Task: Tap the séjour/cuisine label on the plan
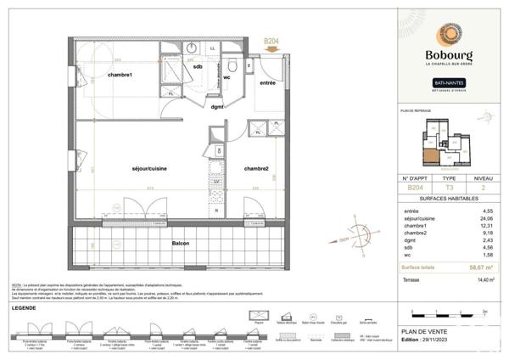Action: click(148, 168)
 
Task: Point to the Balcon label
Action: click(179, 244)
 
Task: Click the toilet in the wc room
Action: click(231, 66)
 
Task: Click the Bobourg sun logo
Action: click(449, 35)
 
